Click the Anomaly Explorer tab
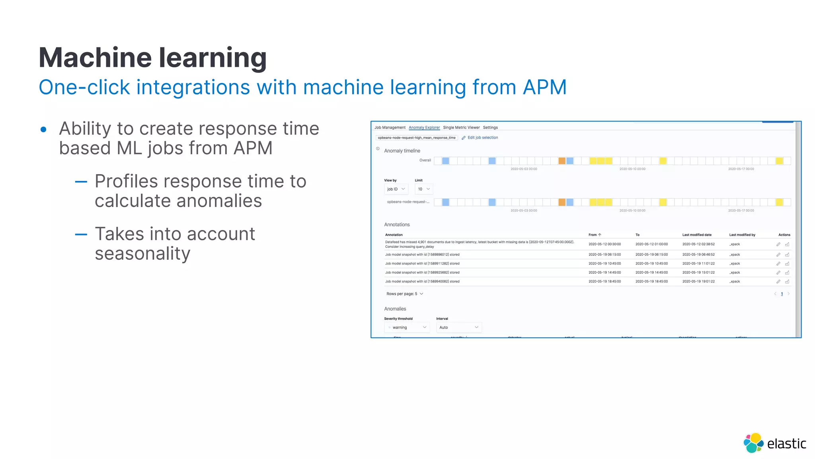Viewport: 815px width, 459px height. click(424, 127)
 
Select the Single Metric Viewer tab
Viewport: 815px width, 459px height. click(461, 127)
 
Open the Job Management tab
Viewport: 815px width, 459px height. click(390, 127)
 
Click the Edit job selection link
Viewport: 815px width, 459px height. click(482, 137)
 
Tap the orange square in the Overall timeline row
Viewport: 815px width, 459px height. click(562, 161)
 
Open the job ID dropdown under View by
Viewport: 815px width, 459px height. click(396, 189)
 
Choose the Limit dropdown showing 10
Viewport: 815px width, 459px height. click(423, 189)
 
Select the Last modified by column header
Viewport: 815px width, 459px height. click(742, 235)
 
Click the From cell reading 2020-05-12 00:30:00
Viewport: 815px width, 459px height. click(604, 244)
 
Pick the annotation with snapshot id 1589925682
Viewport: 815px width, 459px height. click(422, 273)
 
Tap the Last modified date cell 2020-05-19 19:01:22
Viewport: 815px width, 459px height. click(698, 281)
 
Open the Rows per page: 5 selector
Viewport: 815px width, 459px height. click(405, 294)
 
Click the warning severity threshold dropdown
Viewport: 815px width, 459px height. click(407, 328)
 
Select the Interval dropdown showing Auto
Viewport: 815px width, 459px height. click(458, 328)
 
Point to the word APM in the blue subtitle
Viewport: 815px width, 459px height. click(544, 87)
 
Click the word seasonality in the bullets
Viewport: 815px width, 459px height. click(142, 253)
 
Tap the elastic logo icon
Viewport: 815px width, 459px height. click(753, 443)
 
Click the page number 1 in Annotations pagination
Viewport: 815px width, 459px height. click(782, 294)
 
